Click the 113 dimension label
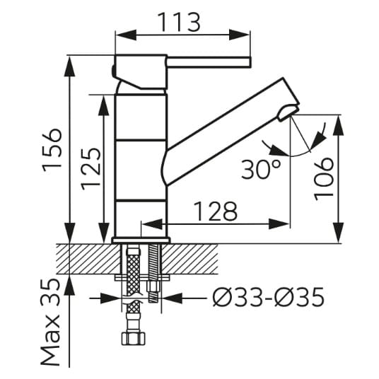pyautogui.click(x=179, y=22)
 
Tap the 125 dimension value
pyautogui.click(x=91, y=169)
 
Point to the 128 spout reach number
pyautogui.click(x=216, y=211)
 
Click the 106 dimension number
pyautogui.click(x=323, y=179)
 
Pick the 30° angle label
pyautogui.click(x=261, y=170)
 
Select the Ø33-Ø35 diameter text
pyautogui.click(x=268, y=297)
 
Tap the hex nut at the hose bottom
pyautogui.click(x=134, y=339)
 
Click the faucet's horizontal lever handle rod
pyautogui.click(x=209, y=62)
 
